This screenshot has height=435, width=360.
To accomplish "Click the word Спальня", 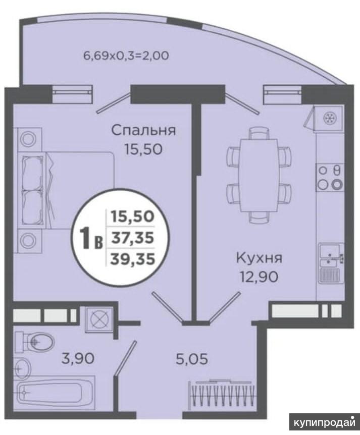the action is click(143, 130).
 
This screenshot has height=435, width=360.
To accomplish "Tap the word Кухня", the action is click(259, 258).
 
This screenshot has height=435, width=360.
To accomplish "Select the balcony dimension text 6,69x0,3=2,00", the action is click(126, 56).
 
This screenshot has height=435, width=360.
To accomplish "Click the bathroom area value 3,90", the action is click(77, 359).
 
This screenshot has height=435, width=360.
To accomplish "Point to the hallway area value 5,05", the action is click(192, 359).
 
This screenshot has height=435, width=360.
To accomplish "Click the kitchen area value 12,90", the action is click(259, 277).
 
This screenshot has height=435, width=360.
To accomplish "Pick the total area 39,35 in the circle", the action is click(132, 259).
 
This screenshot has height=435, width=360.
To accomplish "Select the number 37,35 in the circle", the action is click(132, 238).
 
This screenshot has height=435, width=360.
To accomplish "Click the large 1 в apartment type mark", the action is click(91, 238).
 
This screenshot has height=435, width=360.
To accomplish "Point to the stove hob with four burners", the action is click(330, 177).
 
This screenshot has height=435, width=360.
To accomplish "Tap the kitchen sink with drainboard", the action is click(331, 263).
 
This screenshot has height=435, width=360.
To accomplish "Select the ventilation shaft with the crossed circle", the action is click(99, 319).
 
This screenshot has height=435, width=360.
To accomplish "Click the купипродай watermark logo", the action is click(324, 422).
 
